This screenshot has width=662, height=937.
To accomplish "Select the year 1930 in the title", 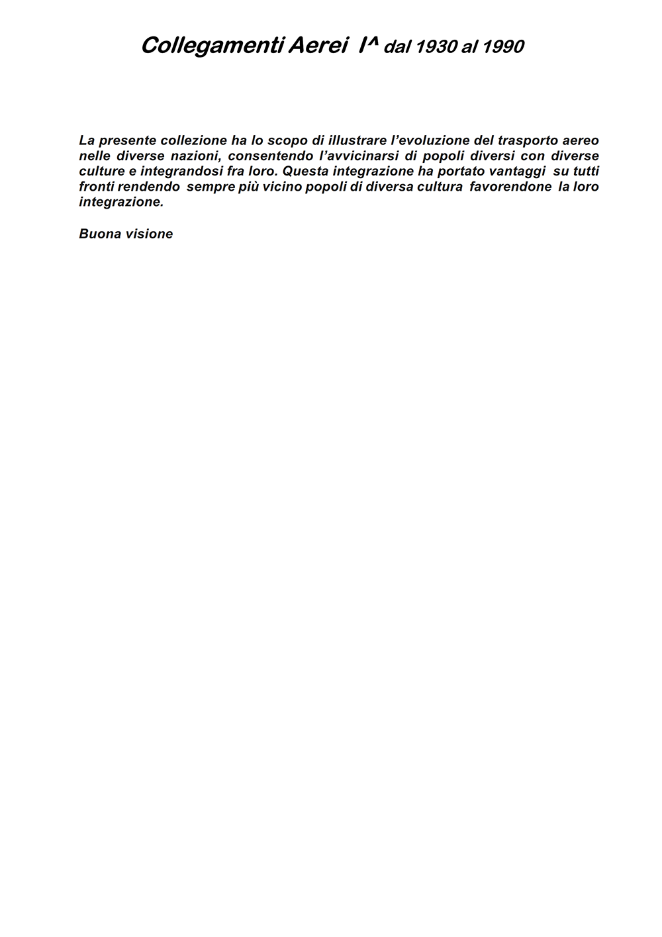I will (436, 47).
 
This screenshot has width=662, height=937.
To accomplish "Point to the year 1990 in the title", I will (503, 47).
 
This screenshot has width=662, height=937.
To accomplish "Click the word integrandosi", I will (181, 172).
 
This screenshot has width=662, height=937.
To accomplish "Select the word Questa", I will (303, 172).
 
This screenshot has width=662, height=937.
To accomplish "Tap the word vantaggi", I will (512, 172).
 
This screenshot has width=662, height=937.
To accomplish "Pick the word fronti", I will (97, 187).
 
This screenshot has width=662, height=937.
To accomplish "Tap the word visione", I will (149, 234).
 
